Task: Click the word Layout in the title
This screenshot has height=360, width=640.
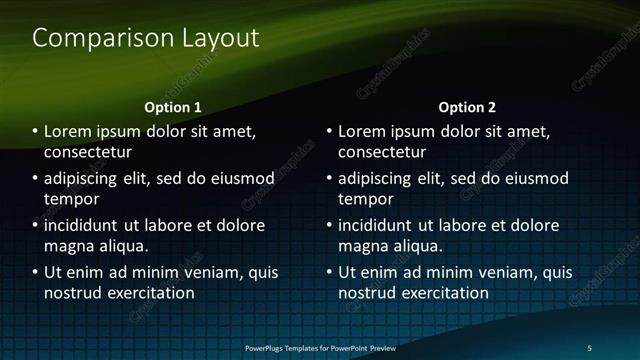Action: click(x=216, y=39)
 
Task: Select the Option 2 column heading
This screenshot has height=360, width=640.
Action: click(x=466, y=106)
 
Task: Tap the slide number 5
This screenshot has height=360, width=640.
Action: click(x=589, y=347)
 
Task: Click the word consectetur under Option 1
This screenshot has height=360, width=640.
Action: click(x=89, y=153)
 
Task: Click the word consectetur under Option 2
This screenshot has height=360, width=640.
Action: click(x=383, y=153)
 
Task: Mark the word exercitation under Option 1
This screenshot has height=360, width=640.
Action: click(x=152, y=293)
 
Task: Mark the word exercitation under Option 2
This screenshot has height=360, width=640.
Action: click(x=446, y=293)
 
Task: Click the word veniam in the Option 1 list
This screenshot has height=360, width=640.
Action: click(x=213, y=271)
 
